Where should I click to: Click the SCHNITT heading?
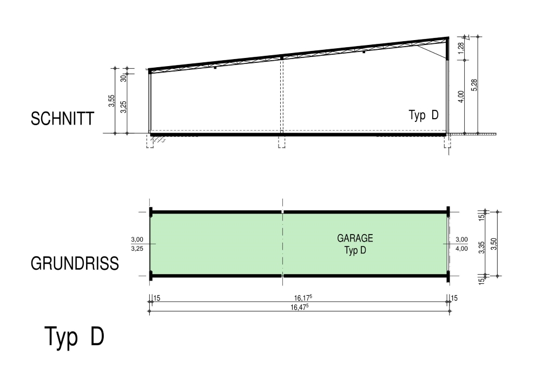(62, 119)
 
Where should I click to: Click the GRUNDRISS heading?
(75, 263)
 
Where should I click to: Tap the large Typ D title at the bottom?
(74, 336)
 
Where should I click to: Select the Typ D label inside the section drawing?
(424, 115)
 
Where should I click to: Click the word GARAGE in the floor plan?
(355, 238)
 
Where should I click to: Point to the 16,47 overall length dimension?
(299, 307)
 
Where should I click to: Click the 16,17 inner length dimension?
(303, 298)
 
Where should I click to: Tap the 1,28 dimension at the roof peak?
(461, 48)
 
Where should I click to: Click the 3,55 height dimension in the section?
(111, 101)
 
